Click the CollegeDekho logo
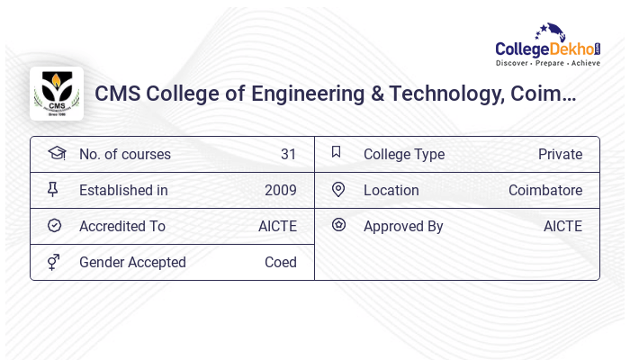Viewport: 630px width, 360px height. [x=548, y=46]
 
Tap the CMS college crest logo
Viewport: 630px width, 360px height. [x=56, y=94]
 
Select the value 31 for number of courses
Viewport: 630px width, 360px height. [x=288, y=154]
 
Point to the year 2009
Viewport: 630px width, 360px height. [x=280, y=190]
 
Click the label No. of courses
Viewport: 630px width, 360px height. [x=124, y=154]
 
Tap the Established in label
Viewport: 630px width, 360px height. [x=123, y=190]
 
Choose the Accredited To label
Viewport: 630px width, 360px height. [x=122, y=226]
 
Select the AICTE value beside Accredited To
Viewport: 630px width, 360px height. [x=277, y=226]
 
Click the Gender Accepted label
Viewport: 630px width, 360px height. [x=132, y=262]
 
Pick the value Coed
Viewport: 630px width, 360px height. [x=280, y=262]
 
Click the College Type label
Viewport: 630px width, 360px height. [x=404, y=154]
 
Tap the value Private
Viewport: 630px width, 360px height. [x=560, y=154]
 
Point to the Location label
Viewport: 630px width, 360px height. [x=391, y=190]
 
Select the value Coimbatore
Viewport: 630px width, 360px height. [x=545, y=190]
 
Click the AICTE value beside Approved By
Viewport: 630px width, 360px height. [x=562, y=226]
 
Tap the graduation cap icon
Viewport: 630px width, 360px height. [x=56, y=153]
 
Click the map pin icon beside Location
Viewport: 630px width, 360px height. [x=338, y=189]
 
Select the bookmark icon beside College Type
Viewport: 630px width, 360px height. [x=337, y=152]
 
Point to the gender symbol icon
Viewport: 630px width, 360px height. [x=54, y=262]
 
